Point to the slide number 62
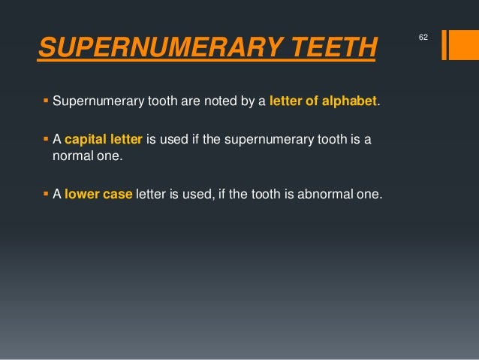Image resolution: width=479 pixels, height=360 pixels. [x=423, y=36]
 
